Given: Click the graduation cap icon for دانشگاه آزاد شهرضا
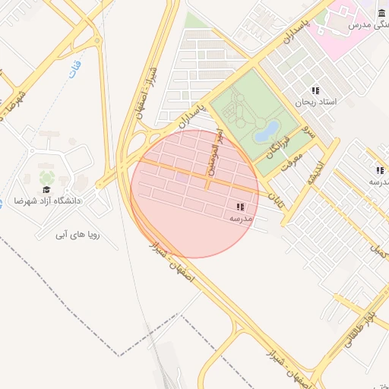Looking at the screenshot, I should click(x=46, y=189).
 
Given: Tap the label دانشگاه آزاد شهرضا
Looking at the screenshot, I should click(x=47, y=201).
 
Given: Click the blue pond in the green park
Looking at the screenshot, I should click(x=267, y=132).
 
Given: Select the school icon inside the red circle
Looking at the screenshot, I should click(x=241, y=207).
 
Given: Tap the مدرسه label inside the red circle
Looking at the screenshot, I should click(x=241, y=219).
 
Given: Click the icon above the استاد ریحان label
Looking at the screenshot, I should click(x=315, y=90).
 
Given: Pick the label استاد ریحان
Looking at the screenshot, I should click(x=315, y=102).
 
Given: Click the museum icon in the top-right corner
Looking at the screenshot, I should click(x=381, y=14).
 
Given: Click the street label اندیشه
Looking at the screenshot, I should click(x=315, y=176).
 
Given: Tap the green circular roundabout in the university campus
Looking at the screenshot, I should click(x=47, y=177).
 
